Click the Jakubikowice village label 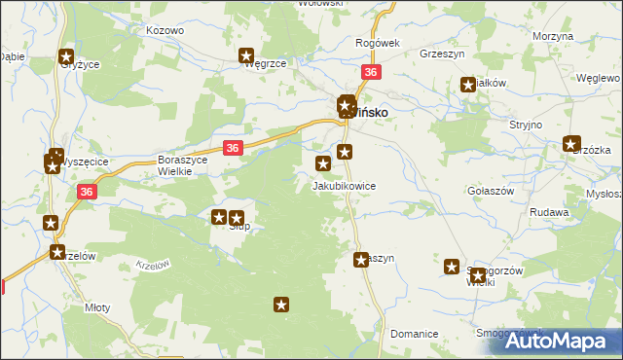pos(343,185)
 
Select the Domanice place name pos(414,334)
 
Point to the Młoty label pos(97,307)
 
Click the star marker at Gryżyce pos(66,57)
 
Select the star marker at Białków pos(467,86)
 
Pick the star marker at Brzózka pos(571,144)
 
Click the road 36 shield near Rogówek pos(370,73)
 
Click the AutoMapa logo pos(562,341)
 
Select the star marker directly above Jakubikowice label pos(323,163)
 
